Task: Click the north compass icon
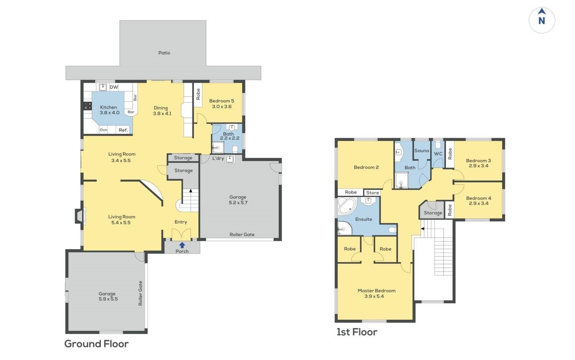[x=542, y=20]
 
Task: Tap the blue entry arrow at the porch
[x=182, y=245]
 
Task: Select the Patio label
[x=164, y=53]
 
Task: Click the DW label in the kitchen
[x=114, y=87]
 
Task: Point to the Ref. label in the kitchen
[x=123, y=130]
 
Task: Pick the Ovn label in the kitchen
[x=103, y=130]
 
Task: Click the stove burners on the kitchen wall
[x=87, y=106]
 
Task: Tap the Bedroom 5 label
[x=222, y=101]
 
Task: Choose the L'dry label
[x=218, y=158]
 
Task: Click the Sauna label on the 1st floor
[x=421, y=151]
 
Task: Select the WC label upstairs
[x=438, y=154]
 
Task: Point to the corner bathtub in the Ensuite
[x=347, y=206]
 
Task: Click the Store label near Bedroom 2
[x=372, y=193]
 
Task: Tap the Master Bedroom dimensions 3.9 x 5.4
[x=374, y=297]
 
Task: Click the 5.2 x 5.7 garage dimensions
[x=238, y=202]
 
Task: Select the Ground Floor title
[x=96, y=344]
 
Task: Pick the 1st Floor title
[x=357, y=332]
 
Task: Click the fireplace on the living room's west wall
[x=80, y=216]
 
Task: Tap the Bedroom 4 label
[x=479, y=198]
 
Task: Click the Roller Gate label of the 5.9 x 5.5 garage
[x=140, y=293]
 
